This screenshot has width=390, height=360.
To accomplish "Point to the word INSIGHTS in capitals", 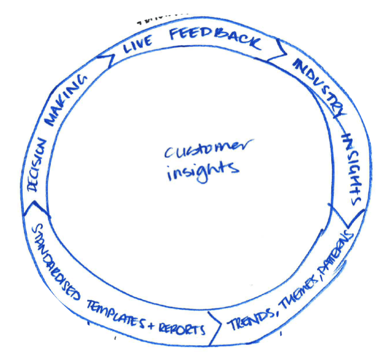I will pyautogui.click(x=352, y=168).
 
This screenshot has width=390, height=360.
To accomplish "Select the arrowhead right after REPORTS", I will pyautogui.click(x=219, y=329).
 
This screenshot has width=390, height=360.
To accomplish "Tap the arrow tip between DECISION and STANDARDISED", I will pyautogui.click(x=24, y=212).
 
